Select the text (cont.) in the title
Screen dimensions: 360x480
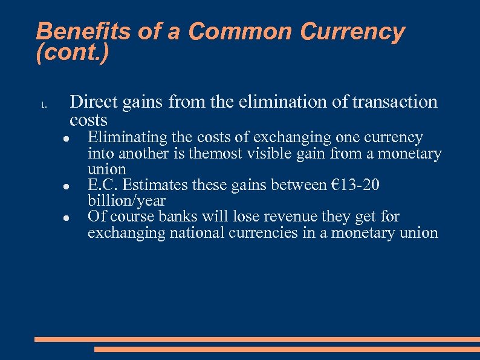(73, 53)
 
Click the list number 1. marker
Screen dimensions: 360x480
(44, 105)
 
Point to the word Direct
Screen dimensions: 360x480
(94, 102)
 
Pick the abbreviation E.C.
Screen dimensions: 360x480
(103, 185)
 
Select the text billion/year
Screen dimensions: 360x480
(126, 201)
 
